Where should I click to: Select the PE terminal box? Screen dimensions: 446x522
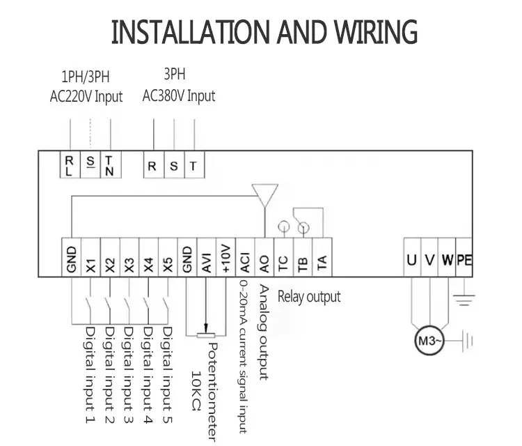tap(464, 259)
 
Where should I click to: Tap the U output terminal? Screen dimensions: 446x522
tap(412, 259)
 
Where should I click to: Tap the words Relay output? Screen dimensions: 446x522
tap(309, 296)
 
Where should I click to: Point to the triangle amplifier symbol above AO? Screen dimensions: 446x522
tap(264, 194)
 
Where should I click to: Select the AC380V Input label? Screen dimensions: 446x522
tap(179, 95)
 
